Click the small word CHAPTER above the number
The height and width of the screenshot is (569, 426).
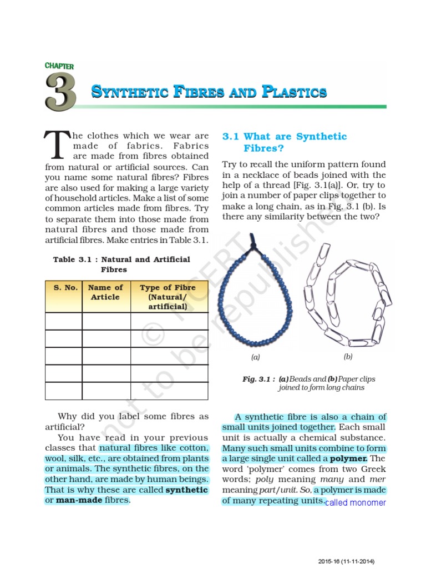(59, 66)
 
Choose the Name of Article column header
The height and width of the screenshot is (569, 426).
(105, 292)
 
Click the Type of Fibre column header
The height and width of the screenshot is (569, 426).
(168, 297)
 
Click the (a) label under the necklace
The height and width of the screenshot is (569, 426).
(256, 357)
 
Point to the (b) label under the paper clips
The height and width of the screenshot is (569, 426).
(348, 357)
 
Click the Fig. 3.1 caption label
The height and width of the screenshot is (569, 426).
(257, 379)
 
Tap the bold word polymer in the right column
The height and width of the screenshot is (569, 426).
(348, 459)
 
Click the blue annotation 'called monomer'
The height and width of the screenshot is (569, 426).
(355, 503)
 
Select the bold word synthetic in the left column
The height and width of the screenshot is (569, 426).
(187, 490)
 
